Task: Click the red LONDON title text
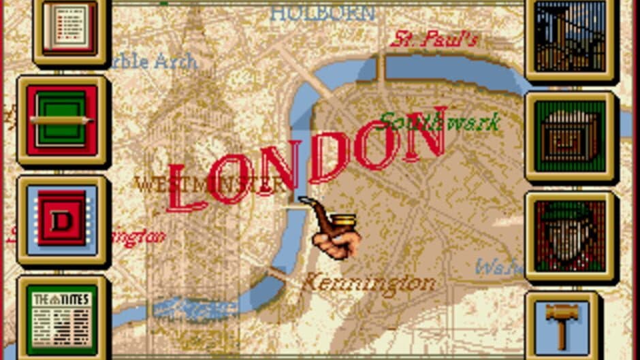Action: pyautogui.click(x=306, y=160)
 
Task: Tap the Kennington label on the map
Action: pyautogui.click(x=368, y=282)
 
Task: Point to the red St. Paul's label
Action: pyautogui.click(x=434, y=38)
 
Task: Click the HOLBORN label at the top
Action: pyautogui.click(x=322, y=12)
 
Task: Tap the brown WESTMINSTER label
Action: pyautogui.click(x=208, y=184)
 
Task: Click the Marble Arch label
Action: pyautogui.click(x=153, y=61)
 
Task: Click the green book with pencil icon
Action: pyautogui.click(x=62, y=120)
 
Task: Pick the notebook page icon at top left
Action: pyautogui.click(x=70, y=28)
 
